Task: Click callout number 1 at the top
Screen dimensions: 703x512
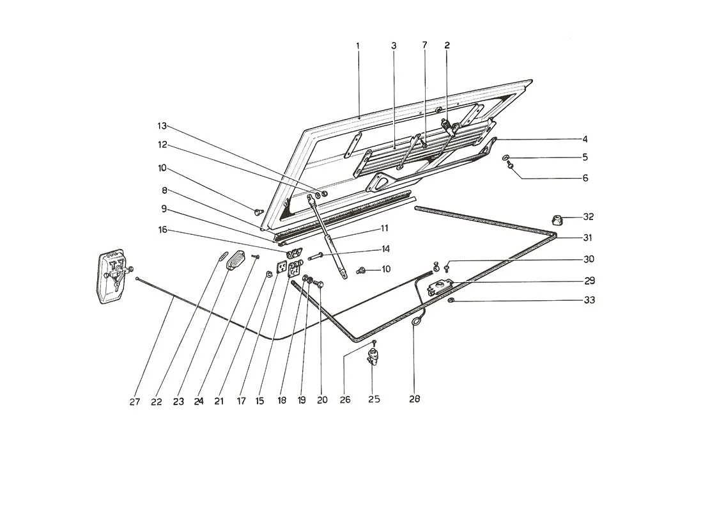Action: tap(358, 45)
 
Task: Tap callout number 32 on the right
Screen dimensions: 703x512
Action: tap(588, 217)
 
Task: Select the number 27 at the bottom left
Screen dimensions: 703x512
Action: tap(134, 401)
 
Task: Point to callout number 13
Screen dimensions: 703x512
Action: tap(162, 125)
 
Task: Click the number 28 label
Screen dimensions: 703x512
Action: tap(415, 398)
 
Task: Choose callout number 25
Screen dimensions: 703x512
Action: tap(374, 399)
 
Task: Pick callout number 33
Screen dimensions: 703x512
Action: tap(590, 300)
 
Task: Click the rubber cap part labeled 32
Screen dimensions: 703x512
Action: tap(557, 220)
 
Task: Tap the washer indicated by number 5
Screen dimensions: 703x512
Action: tap(506, 157)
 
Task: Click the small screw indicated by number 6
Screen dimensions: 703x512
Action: tap(510, 166)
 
